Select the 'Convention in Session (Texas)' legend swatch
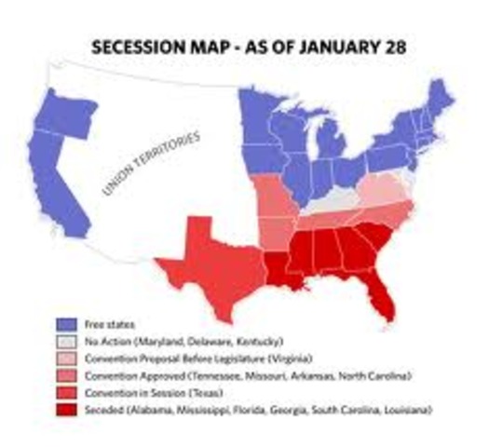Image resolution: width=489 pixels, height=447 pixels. [65, 392]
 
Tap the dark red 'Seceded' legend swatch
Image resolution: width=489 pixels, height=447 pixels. [65, 409]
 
